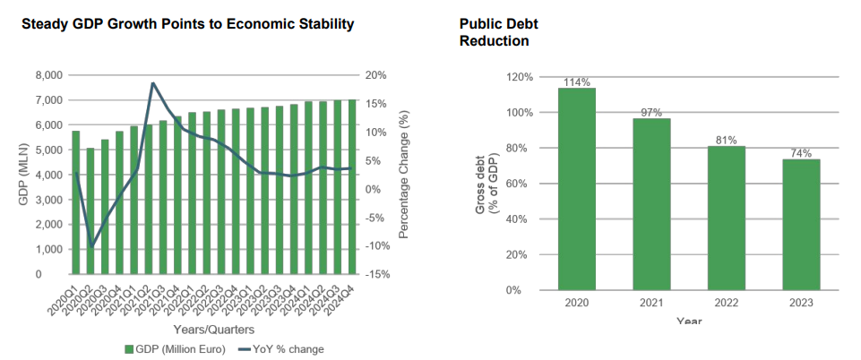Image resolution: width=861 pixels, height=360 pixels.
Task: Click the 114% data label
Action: [x=577, y=82]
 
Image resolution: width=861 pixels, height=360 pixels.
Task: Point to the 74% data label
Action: [x=800, y=153]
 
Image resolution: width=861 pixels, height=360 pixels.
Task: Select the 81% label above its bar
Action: [x=726, y=141]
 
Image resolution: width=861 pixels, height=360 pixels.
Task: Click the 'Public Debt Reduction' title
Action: [x=493, y=32]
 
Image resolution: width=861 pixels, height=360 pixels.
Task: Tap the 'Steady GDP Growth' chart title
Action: [x=187, y=23]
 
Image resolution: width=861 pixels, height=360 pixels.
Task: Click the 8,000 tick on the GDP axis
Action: [x=49, y=76]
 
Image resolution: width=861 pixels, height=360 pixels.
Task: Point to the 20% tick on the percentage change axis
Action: [x=376, y=76]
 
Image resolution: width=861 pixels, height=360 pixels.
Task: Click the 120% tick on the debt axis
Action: [x=519, y=78]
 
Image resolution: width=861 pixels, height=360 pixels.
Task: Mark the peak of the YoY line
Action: [x=153, y=83]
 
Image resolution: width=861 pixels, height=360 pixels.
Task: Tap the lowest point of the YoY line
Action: [x=90, y=246]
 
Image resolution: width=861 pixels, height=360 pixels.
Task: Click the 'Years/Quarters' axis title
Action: [x=214, y=329]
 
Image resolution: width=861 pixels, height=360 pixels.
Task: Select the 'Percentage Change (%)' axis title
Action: [x=404, y=176]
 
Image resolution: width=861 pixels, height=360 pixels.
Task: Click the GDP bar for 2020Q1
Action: [x=76, y=202]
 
